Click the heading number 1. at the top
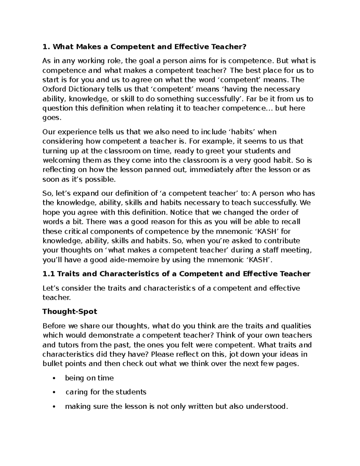click(x=46, y=47)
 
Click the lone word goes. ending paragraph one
click(x=52, y=118)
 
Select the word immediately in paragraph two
click(x=212, y=170)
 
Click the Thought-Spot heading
click(x=70, y=311)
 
